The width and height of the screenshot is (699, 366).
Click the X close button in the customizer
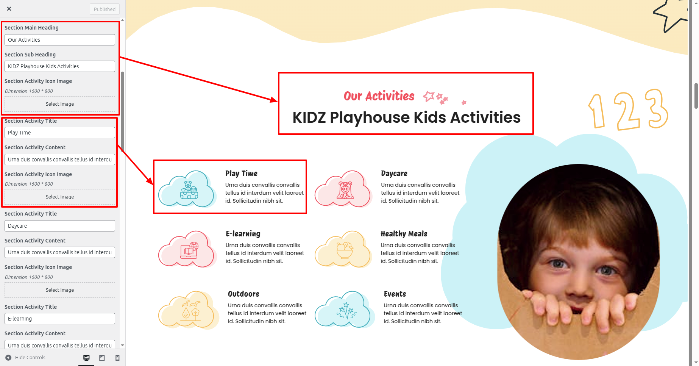click(9, 9)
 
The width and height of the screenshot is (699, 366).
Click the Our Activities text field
click(60, 40)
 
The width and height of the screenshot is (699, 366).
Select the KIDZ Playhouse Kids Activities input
click(60, 66)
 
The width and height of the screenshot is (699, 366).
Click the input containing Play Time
click(60, 133)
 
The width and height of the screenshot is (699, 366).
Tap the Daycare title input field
click(60, 226)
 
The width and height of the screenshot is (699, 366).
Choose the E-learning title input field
click(60, 319)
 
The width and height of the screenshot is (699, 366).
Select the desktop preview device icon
click(86, 358)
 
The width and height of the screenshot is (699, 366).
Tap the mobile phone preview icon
click(117, 358)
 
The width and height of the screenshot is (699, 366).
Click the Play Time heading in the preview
click(242, 174)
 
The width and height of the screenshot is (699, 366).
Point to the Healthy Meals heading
click(404, 234)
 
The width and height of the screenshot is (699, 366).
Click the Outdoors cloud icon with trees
click(188, 310)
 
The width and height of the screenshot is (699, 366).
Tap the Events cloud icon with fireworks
click(344, 310)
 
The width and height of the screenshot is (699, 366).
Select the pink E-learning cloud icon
click(187, 249)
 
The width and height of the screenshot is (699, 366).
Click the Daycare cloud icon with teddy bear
click(343, 189)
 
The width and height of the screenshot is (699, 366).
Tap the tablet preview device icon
click(102, 358)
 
